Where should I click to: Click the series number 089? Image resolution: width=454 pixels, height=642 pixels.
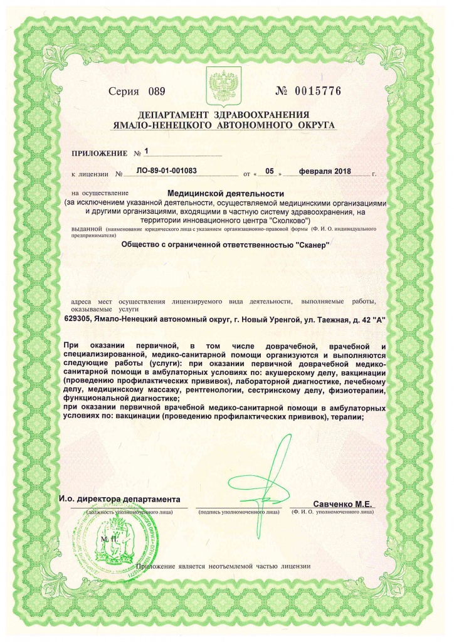click(x=156, y=92)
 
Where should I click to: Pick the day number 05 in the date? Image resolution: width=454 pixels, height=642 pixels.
click(x=270, y=171)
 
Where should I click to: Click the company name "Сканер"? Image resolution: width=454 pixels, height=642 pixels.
click(x=312, y=245)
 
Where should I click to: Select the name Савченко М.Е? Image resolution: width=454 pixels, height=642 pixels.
click(x=343, y=503)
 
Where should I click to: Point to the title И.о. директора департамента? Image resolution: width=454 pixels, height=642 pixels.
click(x=123, y=500)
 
